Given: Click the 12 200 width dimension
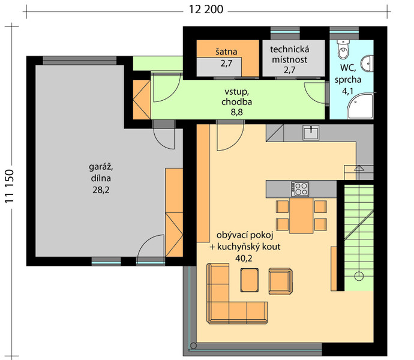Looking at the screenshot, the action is (206, 10).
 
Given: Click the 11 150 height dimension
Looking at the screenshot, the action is (10, 186).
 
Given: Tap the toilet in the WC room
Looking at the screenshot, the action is (344, 49).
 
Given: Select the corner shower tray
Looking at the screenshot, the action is (360, 106).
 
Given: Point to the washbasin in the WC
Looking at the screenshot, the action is (367, 64).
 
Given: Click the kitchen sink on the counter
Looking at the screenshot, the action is (311, 133).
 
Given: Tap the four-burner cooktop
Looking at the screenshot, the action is (299, 189).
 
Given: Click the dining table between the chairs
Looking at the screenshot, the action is (301, 215).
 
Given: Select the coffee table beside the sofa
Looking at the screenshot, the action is (249, 280).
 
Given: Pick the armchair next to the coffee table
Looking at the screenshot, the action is (280, 281).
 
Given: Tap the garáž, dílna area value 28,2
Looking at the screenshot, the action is (101, 190).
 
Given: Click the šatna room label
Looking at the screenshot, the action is (226, 52).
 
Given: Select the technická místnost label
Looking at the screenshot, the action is (290, 55).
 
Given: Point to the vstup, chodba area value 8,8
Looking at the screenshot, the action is (236, 112).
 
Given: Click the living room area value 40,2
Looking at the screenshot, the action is (244, 259).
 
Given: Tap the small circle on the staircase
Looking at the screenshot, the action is (359, 276).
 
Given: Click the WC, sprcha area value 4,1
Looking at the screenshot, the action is (347, 91).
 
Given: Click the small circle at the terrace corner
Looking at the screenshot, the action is (193, 346).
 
